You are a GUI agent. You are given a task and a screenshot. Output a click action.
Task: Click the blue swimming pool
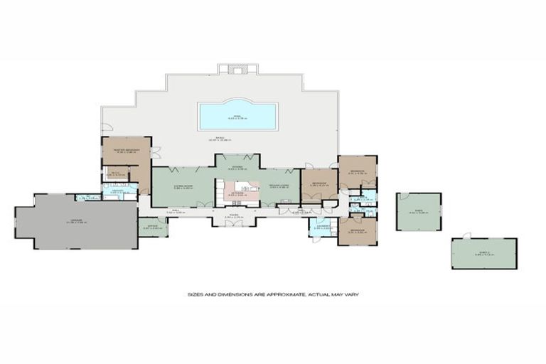point(237,115)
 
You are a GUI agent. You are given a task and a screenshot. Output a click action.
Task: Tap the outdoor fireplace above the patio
point(237,69)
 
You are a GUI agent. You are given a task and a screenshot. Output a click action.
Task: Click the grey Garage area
point(77,222)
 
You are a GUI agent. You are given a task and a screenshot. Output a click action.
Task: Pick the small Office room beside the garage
point(151,227)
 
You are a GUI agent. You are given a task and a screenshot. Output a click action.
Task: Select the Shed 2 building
point(483,253)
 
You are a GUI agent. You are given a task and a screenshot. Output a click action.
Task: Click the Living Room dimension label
point(183,188)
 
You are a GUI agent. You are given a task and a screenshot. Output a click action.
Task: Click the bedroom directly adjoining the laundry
point(357,232)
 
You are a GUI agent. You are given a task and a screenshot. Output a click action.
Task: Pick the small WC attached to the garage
point(88,197)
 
